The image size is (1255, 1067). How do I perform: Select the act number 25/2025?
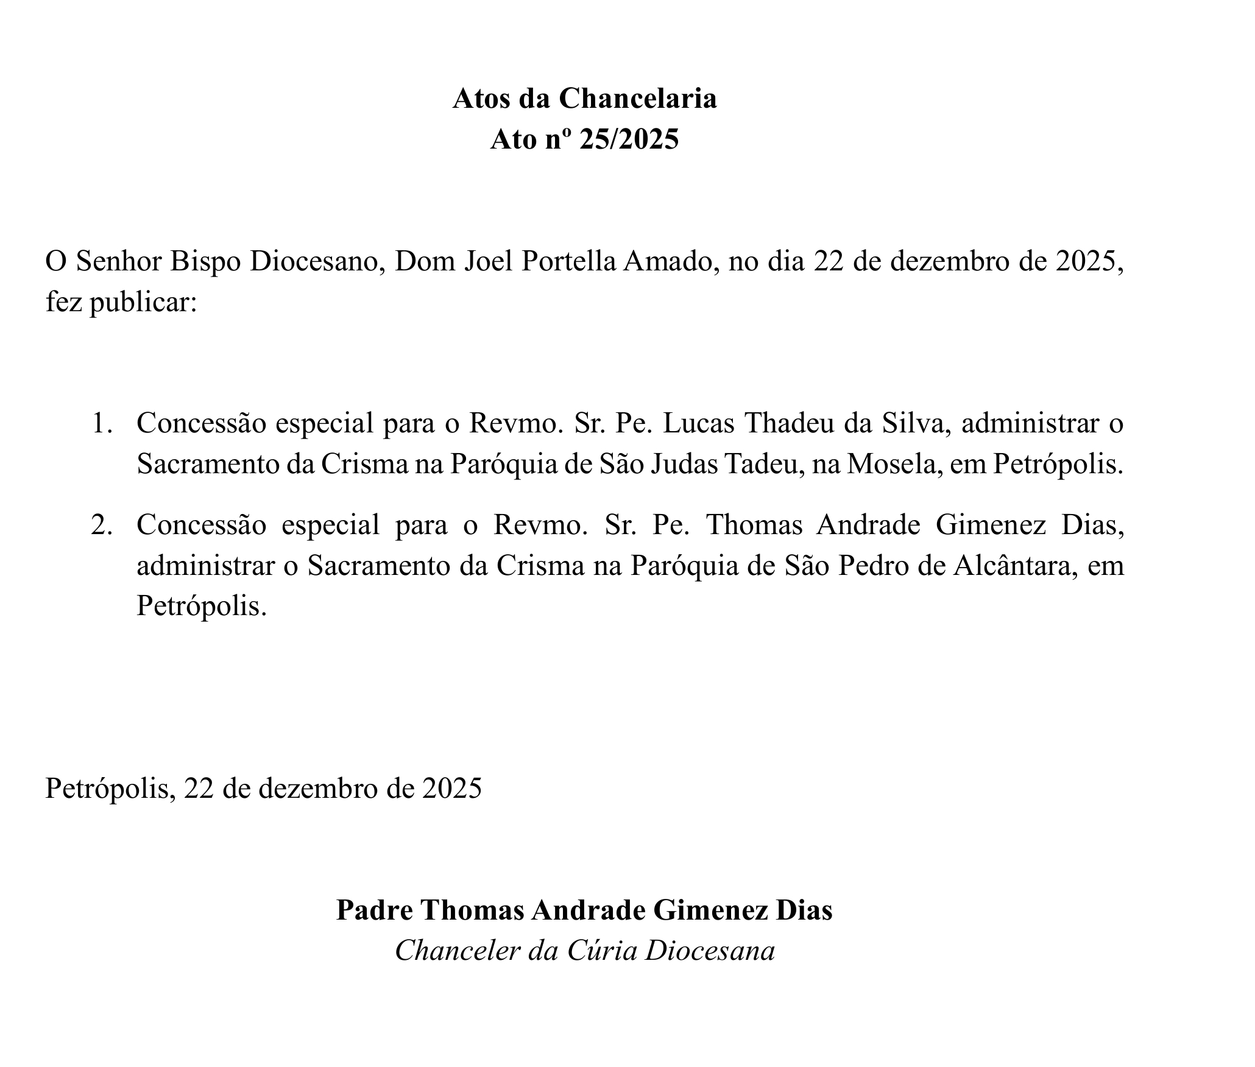click(629, 140)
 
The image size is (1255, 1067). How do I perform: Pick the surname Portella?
click(570, 261)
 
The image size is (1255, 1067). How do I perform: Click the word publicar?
click(143, 302)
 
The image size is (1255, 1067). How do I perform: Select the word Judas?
click(684, 464)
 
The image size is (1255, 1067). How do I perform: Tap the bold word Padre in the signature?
click(372, 910)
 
